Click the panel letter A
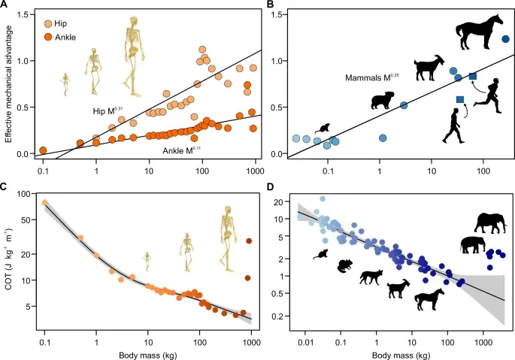[x=7, y=5]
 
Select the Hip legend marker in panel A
[x=49, y=23]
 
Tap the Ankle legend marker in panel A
[x=49, y=36]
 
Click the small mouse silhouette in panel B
[x=326, y=129]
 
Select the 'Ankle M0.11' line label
[x=182, y=150]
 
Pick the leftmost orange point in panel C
[x=45, y=202]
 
